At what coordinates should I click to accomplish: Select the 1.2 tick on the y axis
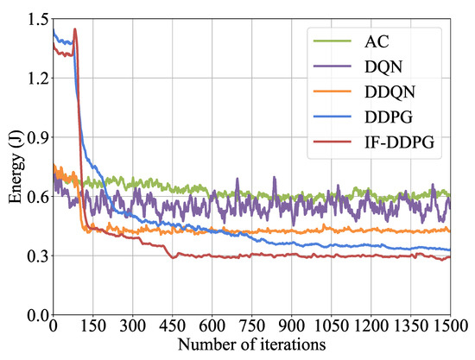(35, 78)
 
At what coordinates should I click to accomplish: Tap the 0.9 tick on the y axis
(35, 137)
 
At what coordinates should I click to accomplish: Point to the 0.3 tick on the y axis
(35, 256)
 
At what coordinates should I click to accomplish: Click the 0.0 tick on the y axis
(35, 315)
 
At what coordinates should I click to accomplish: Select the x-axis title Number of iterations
(251, 344)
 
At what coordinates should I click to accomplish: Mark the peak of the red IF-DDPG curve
(75, 29)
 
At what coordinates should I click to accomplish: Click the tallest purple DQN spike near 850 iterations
(275, 178)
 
